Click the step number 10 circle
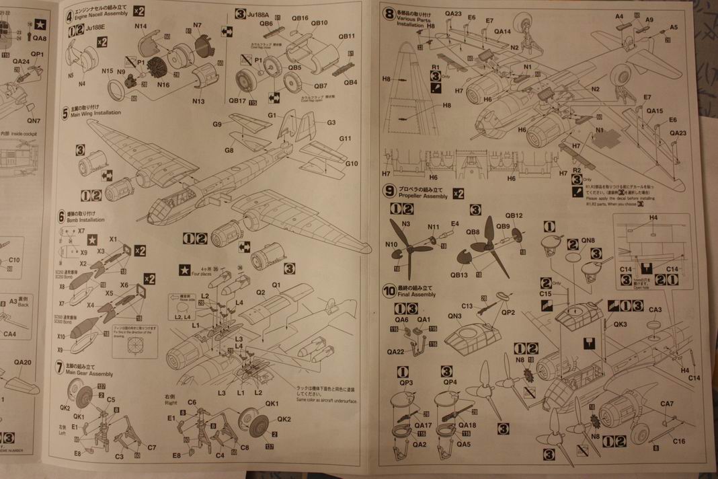pyautogui.click(x=389, y=291)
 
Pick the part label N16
pyautogui.click(x=163, y=84)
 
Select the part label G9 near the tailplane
pyautogui.click(x=216, y=124)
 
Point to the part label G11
pyautogui.click(x=346, y=139)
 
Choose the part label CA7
pyautogui.click(x=666, y=404)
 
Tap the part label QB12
pyautogui.click(x=514, y=216)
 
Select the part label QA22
pyautogui.click(x=395, y=351)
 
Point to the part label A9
pyautogui.click(x=649, y=20)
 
